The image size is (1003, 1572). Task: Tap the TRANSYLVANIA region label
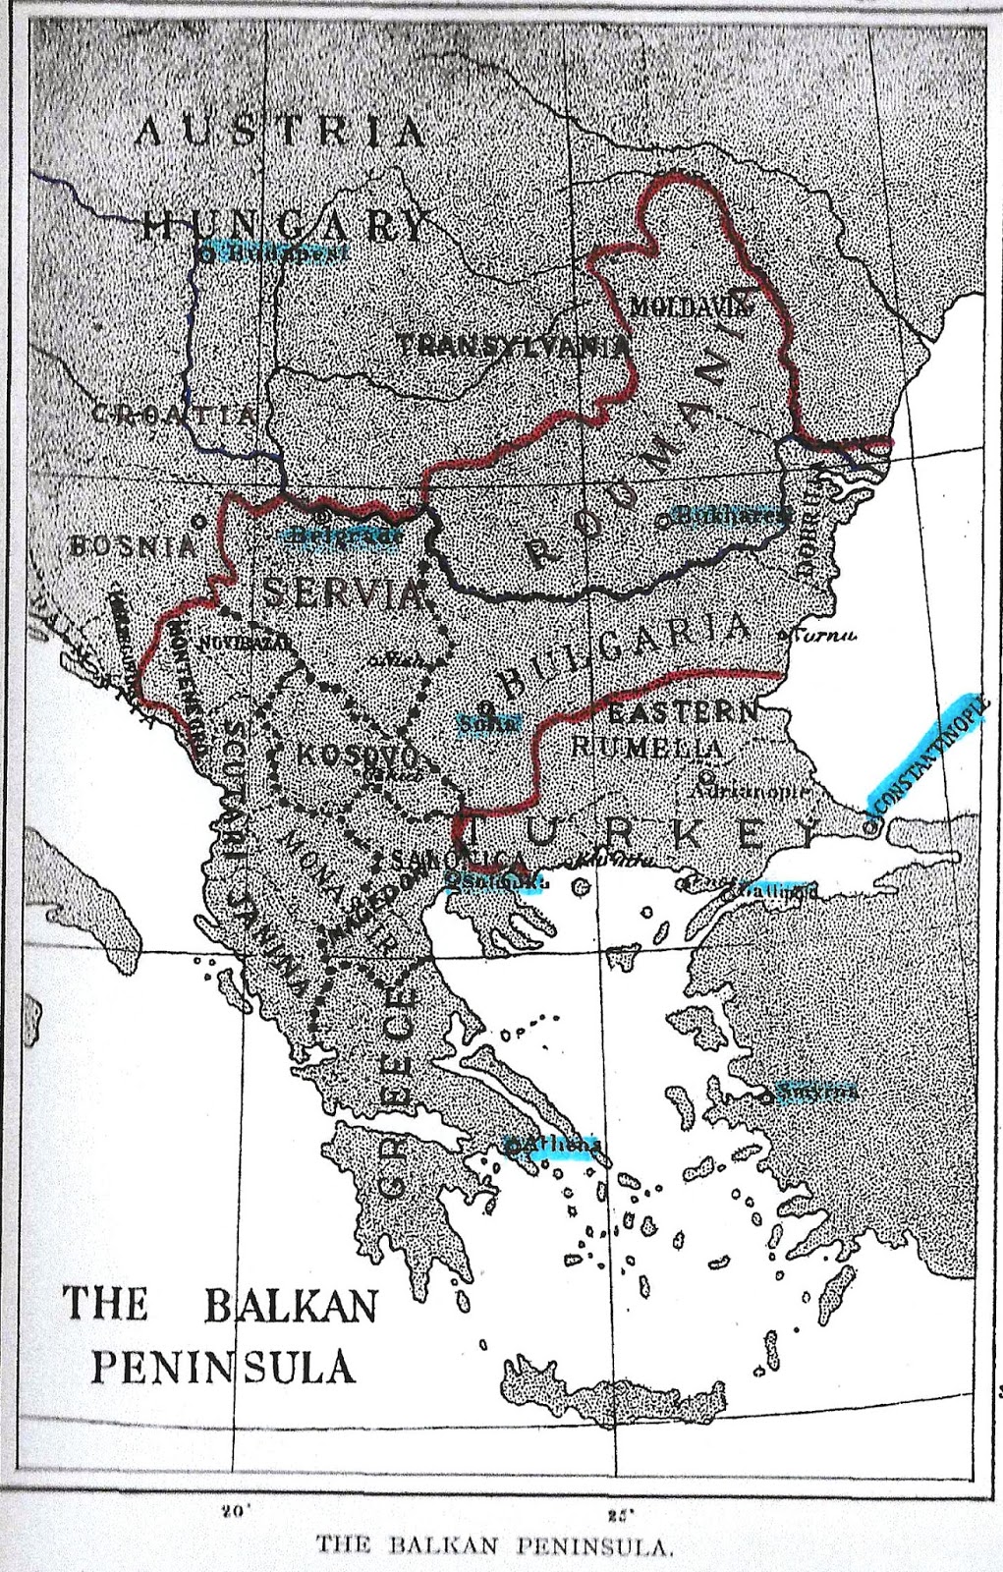513,345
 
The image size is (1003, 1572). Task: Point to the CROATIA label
175,414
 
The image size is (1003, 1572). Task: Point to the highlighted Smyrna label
816,1091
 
